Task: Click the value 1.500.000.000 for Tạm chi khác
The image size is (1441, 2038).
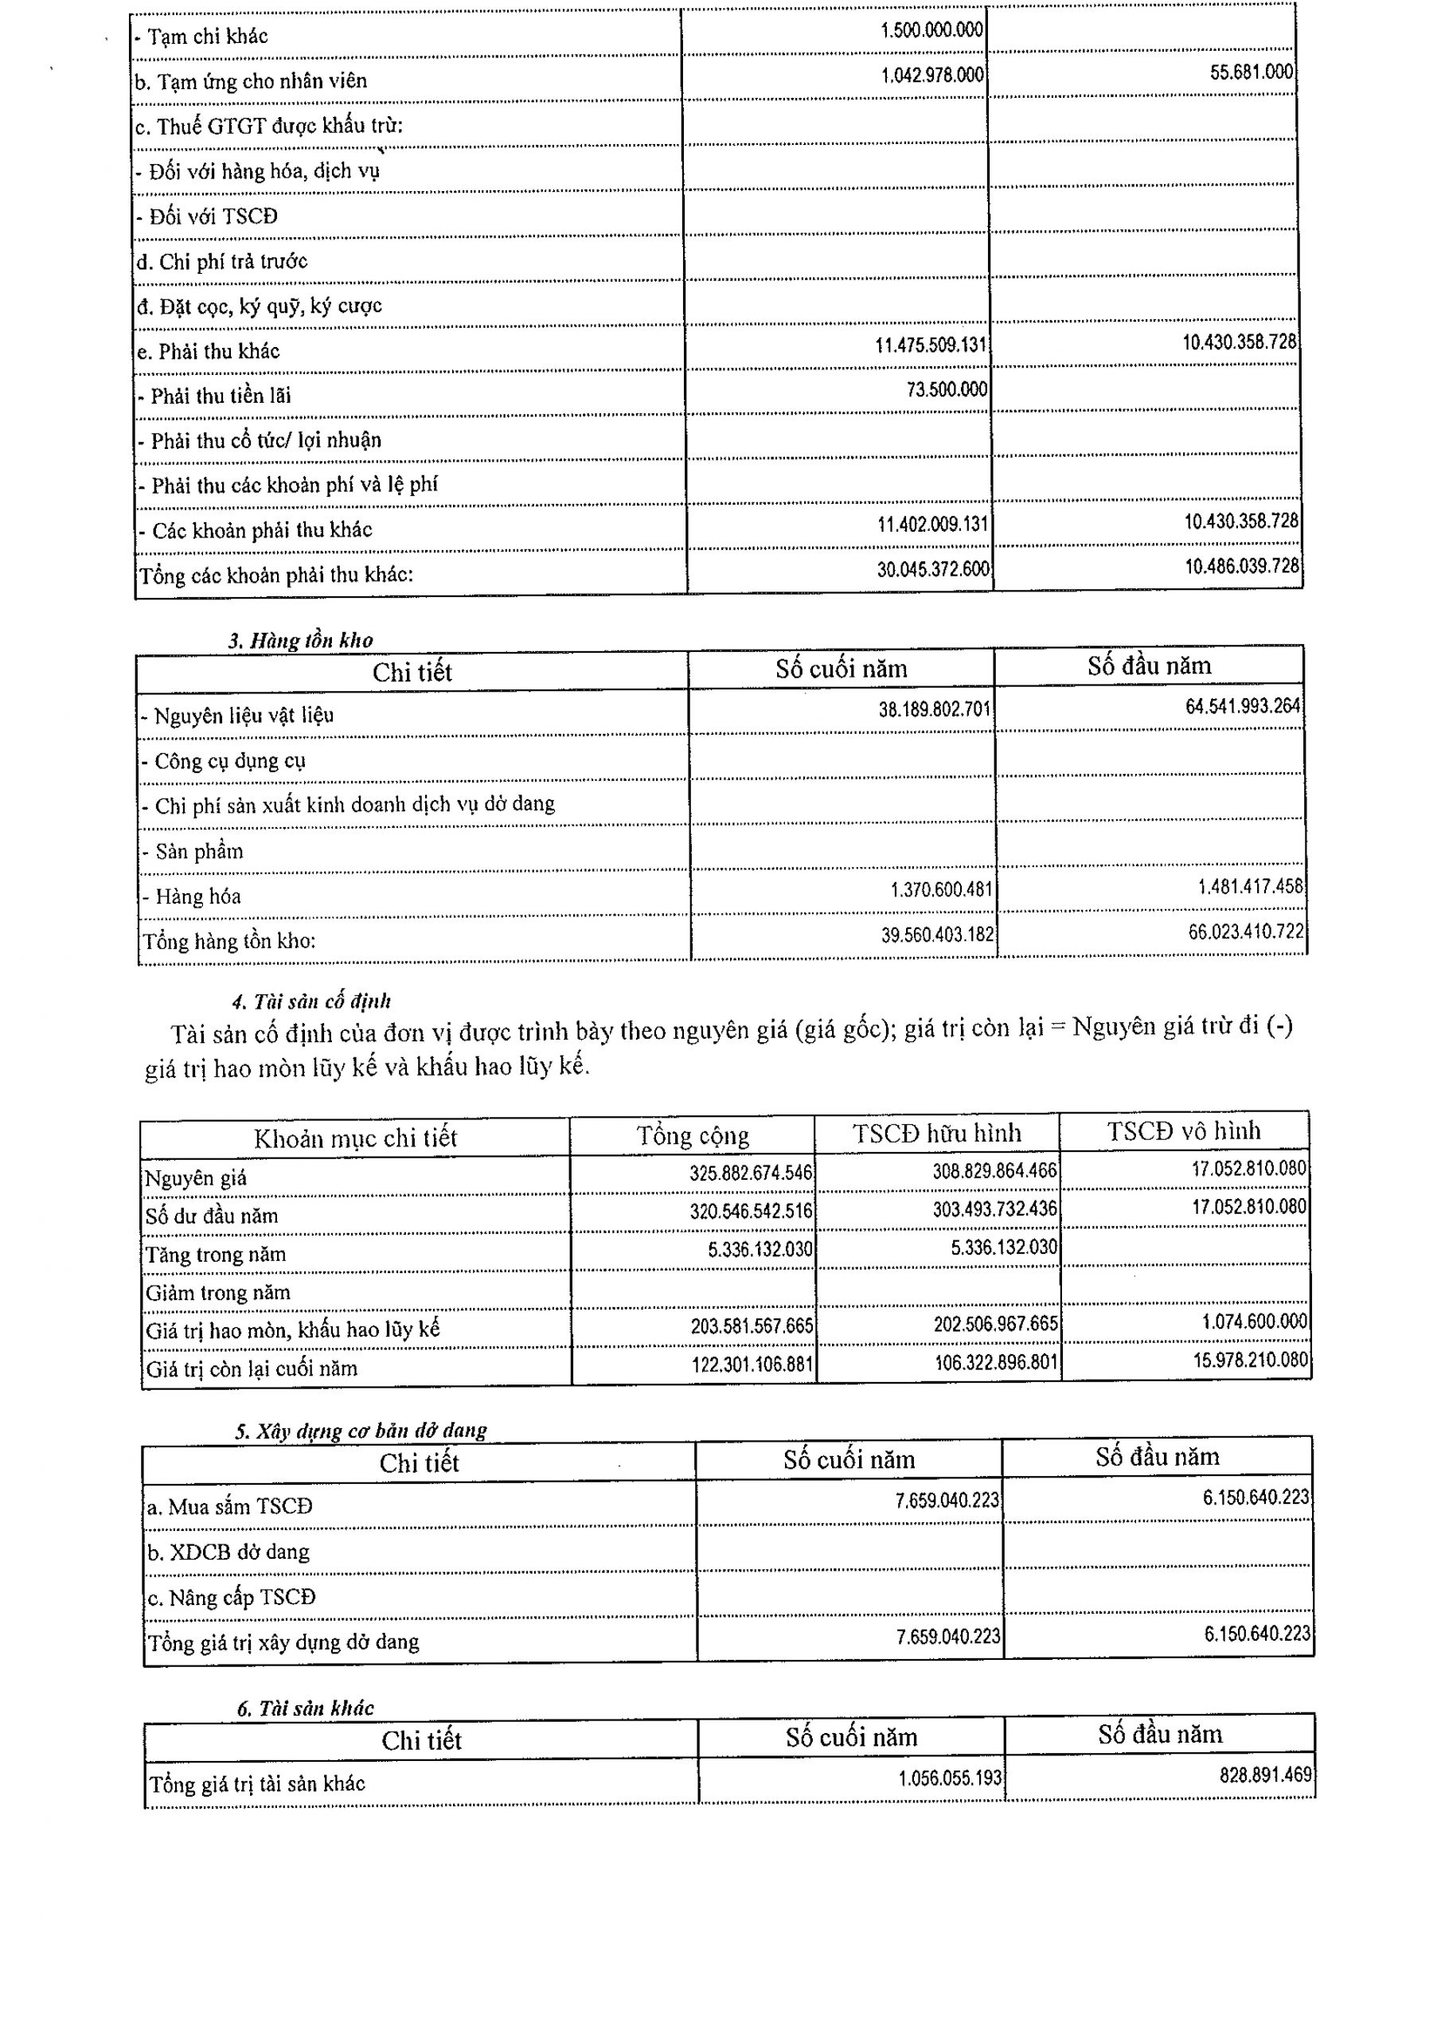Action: [931, 30]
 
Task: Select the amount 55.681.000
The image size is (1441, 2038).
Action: [1251, 72]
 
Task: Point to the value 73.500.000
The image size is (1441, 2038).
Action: [947, 389]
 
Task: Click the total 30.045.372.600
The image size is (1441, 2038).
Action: [932, 570]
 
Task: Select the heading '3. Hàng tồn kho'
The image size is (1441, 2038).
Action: [300, 640]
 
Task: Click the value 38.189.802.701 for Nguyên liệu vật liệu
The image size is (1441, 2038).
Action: [934, 709]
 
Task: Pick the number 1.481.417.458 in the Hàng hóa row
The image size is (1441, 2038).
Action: [1250, 887]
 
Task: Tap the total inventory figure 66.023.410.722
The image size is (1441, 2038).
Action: [1246, 932]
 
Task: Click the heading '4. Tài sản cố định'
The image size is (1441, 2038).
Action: [310, 1001]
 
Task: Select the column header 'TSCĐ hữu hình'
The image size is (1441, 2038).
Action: [937, 1134]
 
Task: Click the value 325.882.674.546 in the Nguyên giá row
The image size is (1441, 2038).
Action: [750, 1173]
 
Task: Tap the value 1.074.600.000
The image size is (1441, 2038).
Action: [1254, 1322]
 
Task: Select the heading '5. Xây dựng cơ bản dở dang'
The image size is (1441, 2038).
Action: [361, 1431]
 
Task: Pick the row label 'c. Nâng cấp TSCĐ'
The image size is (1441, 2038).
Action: [231, 1598]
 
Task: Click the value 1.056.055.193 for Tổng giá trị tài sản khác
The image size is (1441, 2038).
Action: [949, 1778]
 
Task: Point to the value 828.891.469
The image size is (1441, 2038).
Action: [1265, 1775]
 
